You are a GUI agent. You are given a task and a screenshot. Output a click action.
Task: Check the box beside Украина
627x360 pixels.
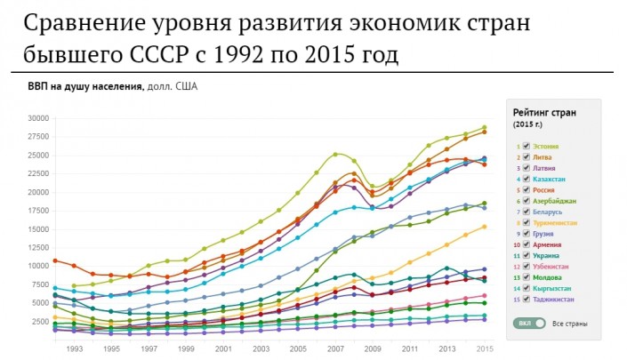click(527, 255)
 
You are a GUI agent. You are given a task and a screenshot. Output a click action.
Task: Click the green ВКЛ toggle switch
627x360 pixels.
click(532, 323)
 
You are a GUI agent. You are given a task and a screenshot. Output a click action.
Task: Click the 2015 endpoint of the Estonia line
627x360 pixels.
click(485, 127)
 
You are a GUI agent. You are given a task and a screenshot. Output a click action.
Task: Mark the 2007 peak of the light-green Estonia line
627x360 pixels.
click(336, 153)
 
